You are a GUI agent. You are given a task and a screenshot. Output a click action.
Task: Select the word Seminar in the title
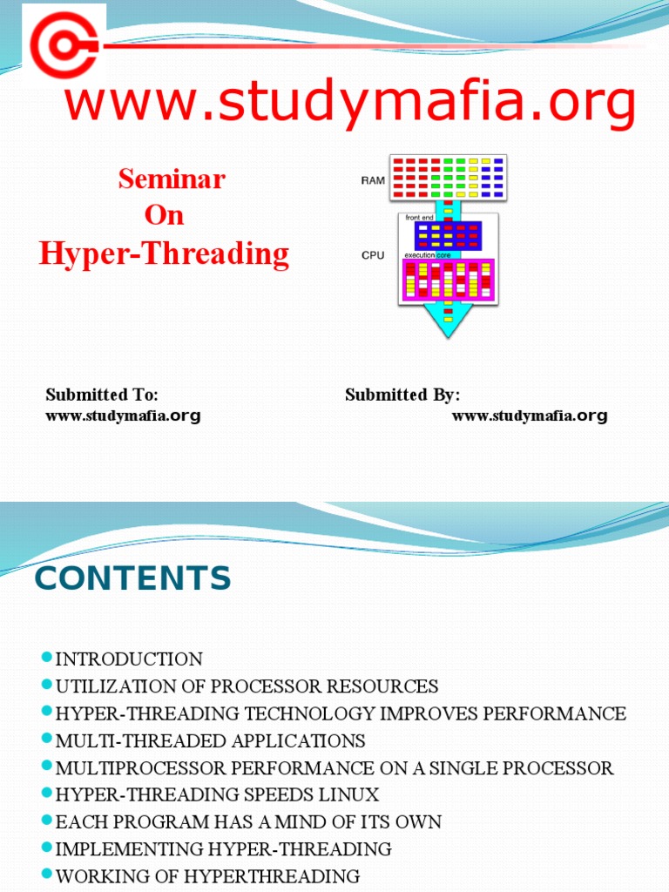pos(172,179)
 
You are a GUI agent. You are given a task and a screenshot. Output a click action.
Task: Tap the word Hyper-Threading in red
pos(164,253)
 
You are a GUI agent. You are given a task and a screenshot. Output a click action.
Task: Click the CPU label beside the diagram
pos(372,256)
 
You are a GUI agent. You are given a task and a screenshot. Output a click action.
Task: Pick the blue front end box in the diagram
pos(448,235)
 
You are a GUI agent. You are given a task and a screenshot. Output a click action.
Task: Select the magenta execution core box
pos(448,280)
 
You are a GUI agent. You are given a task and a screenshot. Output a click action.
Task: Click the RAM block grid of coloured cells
pos(448,177)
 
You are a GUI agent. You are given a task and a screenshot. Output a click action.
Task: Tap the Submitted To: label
pos(102,395)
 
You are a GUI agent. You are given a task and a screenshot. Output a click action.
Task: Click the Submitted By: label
pos(402,395)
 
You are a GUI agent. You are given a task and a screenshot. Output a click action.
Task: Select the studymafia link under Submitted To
pos(123,416)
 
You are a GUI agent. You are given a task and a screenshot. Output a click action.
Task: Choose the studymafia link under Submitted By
pos(529,416)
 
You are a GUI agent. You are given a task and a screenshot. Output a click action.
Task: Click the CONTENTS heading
pos(132,578)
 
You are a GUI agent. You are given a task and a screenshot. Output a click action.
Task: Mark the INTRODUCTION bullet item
pos(129,659)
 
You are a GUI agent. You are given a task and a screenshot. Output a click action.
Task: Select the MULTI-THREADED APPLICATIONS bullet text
pos(210,741)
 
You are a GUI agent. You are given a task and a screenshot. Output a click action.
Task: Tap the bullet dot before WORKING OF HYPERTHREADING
pos(47,875)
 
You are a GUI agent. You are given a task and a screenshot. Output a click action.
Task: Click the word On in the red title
pos(165,215)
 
